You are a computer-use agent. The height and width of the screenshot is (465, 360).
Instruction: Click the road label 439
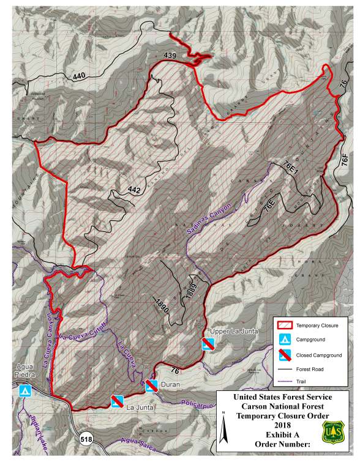pos(170,56)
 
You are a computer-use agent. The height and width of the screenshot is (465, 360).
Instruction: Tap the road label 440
pos(80,76)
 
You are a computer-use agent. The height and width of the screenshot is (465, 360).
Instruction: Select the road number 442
pos(135,190)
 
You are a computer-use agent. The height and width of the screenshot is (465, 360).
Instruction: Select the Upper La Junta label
pos(230,332)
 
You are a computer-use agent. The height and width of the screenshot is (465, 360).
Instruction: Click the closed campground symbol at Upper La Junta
pos(208,344)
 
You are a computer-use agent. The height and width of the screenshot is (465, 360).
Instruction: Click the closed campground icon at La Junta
pos(116,400)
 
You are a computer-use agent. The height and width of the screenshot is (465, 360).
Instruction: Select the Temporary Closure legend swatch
pos(284,325)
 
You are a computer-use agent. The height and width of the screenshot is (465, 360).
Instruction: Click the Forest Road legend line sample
pos(284,369)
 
